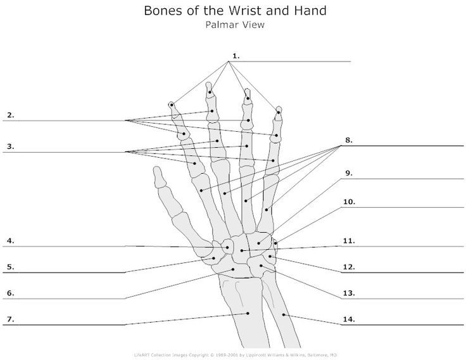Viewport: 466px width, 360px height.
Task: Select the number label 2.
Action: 10,115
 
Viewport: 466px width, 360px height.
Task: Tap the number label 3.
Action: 10,146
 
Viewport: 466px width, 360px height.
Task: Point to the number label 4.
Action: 10,241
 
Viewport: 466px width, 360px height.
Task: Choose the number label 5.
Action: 10,267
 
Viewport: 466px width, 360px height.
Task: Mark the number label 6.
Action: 10,293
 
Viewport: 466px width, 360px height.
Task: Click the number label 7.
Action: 10,319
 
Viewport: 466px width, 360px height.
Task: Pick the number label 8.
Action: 348,139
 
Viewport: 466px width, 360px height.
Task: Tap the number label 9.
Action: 348,172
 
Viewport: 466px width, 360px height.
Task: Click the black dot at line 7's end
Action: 248,313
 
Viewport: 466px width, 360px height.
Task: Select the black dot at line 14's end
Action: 285,314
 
